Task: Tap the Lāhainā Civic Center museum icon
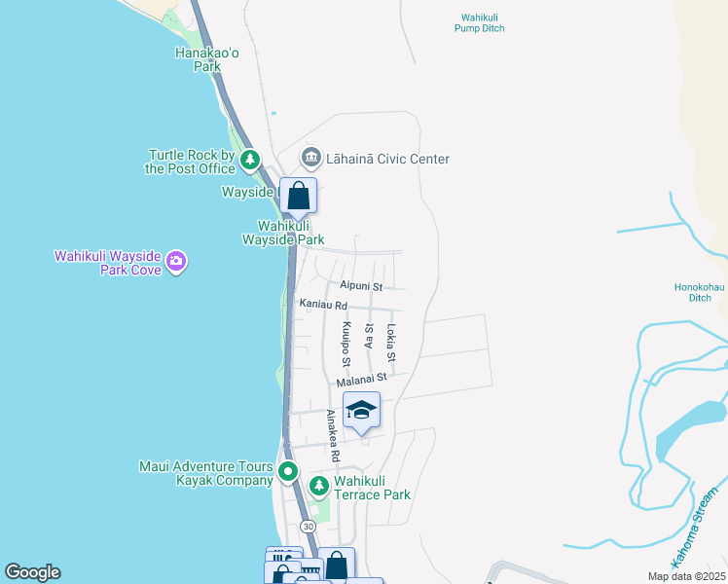coord(310,157)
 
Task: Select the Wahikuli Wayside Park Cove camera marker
coord(176,260)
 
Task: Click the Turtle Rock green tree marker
coord(251,160)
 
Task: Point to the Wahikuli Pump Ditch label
coord(480,22)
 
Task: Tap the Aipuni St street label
coord(361,286)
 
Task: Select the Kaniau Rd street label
coord(323,306)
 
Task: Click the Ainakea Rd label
coord(333,435)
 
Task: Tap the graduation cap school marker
coord(361,411)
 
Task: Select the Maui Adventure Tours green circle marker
coord(288,473)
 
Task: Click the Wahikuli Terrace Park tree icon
coord(318,485)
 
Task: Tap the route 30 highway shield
coord(309,526)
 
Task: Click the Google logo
coord(32,572)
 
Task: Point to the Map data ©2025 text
coord(686,576)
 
